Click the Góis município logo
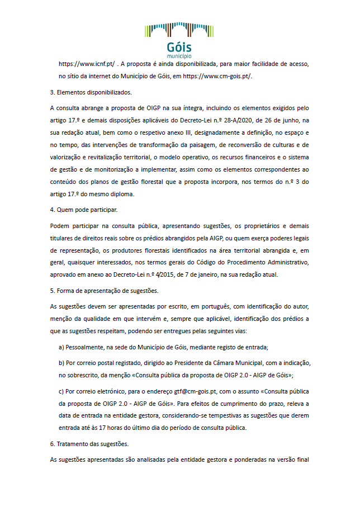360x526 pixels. tap(179, 40)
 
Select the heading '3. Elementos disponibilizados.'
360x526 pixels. tap(91, 92)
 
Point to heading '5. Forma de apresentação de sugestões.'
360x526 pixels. tap(103, 291)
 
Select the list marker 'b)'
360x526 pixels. tap(62, 363)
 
